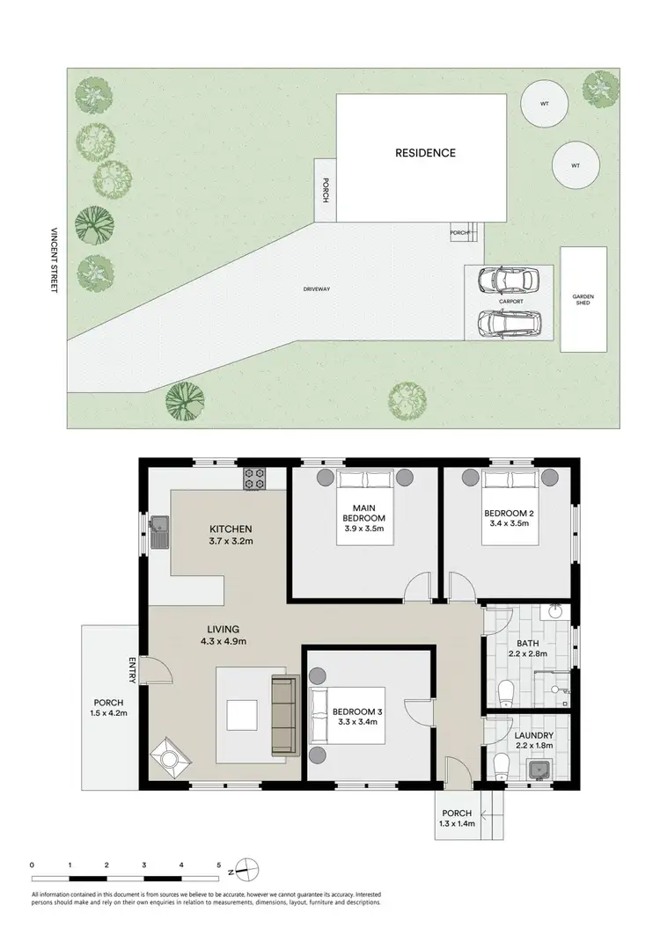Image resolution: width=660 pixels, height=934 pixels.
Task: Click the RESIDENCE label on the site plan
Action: coord(424,153)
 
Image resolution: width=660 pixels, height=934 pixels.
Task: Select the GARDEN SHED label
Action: coord(584,300)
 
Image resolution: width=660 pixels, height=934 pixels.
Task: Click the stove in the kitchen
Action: coord(254,479)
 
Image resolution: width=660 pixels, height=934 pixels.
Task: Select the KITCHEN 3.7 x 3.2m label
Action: coord(231,535)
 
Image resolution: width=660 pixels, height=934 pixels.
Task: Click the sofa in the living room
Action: coord(283,715)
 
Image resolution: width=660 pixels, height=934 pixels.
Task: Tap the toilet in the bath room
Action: coord(505,694)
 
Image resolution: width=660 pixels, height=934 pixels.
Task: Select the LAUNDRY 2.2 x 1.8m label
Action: coord(534,741)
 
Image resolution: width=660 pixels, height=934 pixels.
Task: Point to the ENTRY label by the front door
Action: coord(133,671)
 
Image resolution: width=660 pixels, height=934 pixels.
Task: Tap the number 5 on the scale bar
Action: coord(219,865)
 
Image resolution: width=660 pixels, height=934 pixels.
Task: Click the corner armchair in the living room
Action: coord(167,757)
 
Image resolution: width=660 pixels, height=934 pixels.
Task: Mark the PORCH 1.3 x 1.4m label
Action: coord(458,818)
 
